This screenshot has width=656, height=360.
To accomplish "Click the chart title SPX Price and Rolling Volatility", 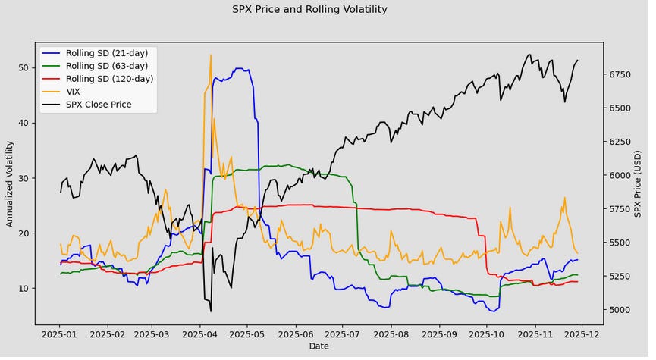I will click(x=309, y=10).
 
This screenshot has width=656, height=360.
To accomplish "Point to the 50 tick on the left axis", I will click(x=24, y=67).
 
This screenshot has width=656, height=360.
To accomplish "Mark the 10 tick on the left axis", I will click(x=24, y=288).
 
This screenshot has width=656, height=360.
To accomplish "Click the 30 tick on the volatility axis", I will click(x=24, y=178).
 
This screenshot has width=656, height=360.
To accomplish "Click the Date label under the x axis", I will click(x=319, y=346).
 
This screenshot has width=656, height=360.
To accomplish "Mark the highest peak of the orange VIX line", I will click(x=211, y=55).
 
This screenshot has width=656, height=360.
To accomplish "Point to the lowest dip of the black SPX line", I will click(x=211, y=311).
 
